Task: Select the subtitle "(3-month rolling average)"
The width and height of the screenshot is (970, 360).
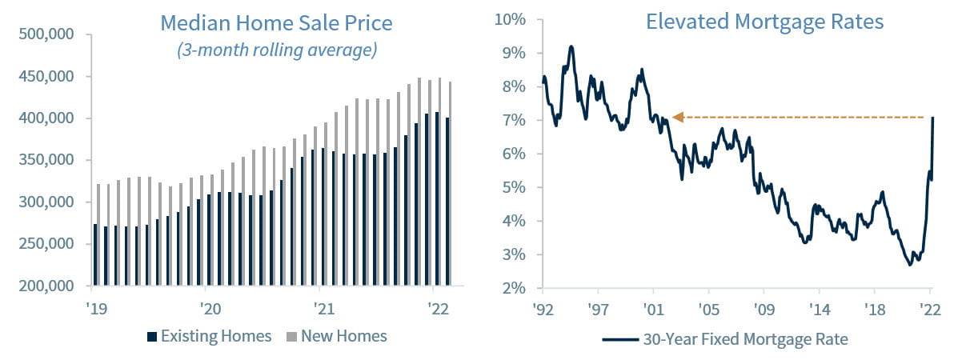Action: pos(276,50)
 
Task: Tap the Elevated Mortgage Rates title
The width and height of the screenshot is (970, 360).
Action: pos(764,22)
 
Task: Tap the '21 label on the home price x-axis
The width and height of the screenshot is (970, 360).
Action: pos(324,307)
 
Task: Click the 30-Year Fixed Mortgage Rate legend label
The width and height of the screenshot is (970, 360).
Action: pos(744,339)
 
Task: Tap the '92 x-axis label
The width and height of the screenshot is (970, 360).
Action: pos(543,307)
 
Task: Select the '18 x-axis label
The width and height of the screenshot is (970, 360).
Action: pos(875,307)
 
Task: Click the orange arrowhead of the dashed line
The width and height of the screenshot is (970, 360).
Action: pos(677,118)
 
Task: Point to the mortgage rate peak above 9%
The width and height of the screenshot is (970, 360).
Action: pos(571,46)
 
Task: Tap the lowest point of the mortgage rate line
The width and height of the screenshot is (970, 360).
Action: pos(909,265)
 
